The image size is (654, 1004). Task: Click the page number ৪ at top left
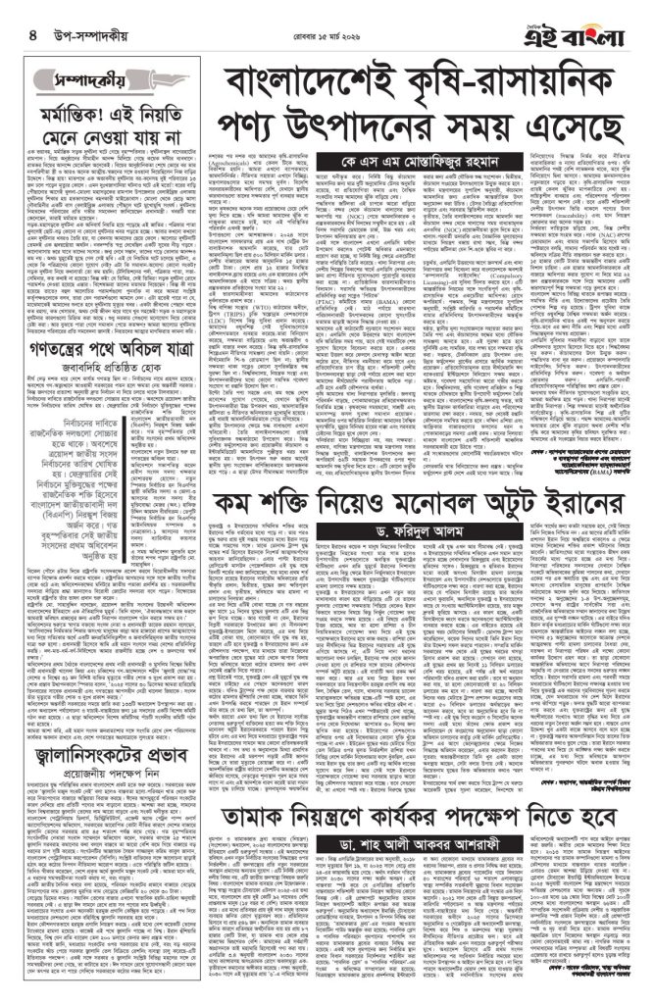[20, 35]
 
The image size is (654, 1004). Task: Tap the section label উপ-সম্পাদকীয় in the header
[79, 36]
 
